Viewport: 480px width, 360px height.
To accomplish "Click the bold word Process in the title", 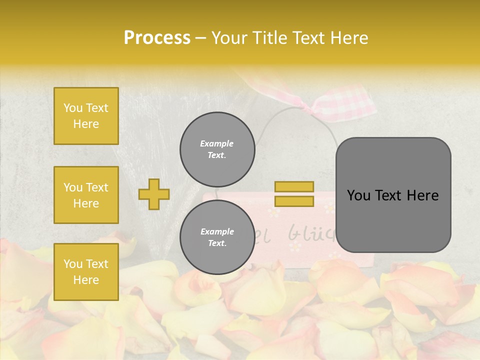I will [157, 38].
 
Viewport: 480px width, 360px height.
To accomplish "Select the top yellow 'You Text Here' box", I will [86, 116].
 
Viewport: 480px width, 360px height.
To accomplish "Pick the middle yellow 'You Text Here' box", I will [86, 195].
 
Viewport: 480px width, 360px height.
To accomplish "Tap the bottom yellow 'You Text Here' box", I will [86, 272].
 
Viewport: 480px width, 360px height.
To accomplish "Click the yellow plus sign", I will [154, 194].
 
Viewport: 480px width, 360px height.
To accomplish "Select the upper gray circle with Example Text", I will [217, 149].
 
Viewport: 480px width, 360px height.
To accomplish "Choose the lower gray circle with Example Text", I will [217, 237].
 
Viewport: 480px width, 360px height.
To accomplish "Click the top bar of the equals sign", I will [294, 187].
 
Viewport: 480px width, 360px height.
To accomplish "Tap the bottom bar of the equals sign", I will [294, 201].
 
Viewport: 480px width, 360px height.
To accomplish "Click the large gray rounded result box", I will [393, 195].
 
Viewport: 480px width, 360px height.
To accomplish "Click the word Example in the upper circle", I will [217, 143].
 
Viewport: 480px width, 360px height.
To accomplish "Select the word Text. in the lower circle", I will [217, 243].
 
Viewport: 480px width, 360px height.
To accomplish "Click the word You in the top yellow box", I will [73, 108].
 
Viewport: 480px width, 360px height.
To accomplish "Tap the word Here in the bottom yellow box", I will [86, 280].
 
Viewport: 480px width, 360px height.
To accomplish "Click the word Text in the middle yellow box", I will [97, 187].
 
